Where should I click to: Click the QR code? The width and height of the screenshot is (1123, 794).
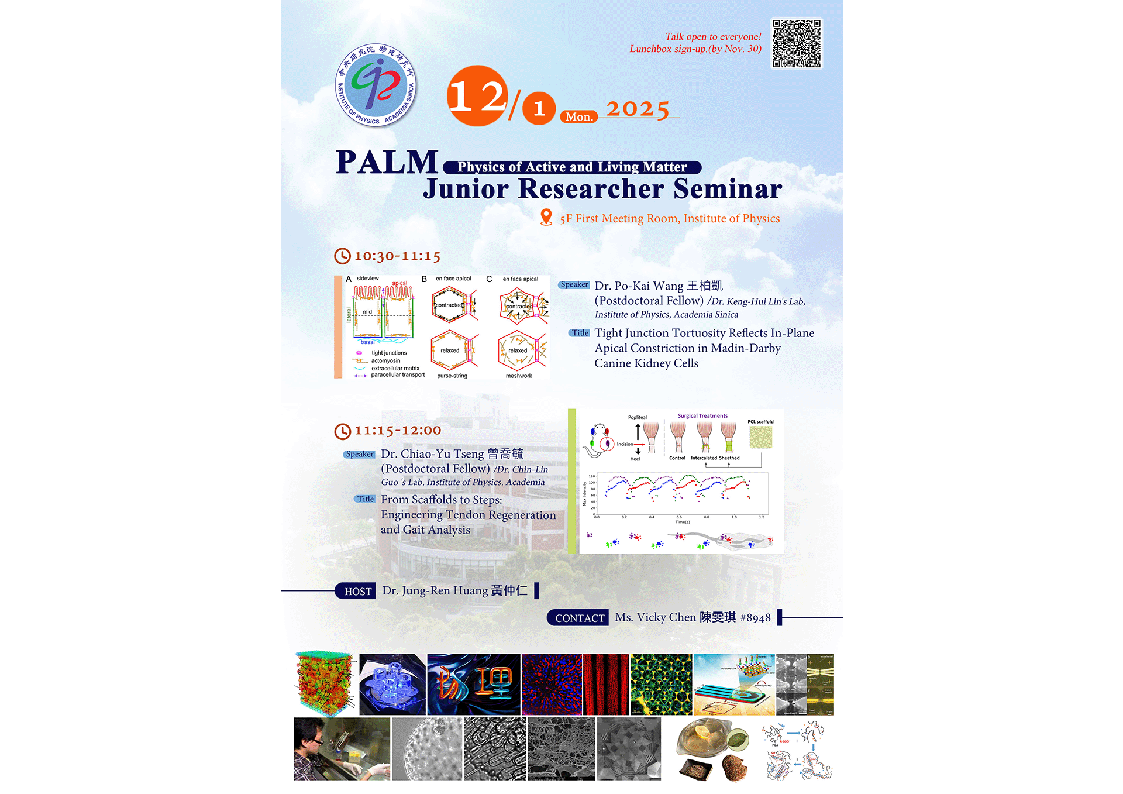pos(797,44)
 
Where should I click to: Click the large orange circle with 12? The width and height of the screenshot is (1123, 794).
pos(476,96)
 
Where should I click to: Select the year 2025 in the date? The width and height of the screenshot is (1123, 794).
pos(638,109)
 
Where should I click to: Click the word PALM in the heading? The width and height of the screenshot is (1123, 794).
pos(387,163)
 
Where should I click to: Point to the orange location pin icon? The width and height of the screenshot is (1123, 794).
pos(546,217)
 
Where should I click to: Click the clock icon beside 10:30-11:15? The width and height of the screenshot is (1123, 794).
pos(342,256)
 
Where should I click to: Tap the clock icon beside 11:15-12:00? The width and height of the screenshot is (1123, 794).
pos(342,431)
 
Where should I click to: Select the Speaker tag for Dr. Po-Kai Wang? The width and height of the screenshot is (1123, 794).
pos(574,285)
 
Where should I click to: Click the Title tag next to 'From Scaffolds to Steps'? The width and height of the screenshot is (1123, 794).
pos(366,499)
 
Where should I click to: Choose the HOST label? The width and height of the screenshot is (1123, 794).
pos(357,592)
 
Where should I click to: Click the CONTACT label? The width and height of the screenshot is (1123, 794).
pos(579,618)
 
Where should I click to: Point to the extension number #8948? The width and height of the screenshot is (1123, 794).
pos(756,618)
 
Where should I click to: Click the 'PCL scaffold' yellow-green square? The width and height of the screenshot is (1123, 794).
pos(760,437)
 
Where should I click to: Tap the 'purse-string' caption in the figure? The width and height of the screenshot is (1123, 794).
pos(452,376)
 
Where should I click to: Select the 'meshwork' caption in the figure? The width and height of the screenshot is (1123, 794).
pos(519,376)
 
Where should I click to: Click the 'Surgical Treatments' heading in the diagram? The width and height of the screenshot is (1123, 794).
pos(702,416)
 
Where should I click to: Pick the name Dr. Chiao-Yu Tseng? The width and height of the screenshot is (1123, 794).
pos(433,454)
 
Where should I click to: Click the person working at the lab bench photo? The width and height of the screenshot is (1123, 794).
pos(342,749)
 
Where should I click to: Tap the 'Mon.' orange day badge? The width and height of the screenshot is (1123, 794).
pos(579,116)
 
